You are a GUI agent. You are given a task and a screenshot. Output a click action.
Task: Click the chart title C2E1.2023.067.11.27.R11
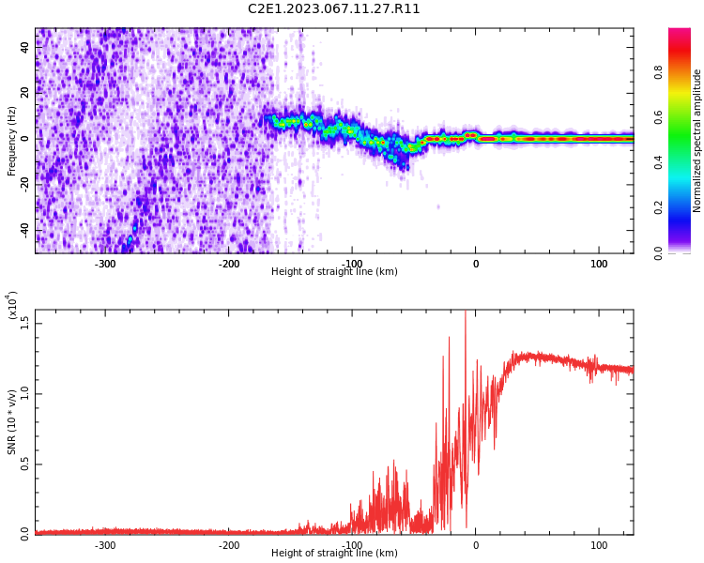pyautogui.click(x=334, y=9)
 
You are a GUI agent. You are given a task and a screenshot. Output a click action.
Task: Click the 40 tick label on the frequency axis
pyautogui.click(x=25, y=48)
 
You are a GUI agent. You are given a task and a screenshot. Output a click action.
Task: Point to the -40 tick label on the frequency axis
pyautogui.click(x=23, y=230)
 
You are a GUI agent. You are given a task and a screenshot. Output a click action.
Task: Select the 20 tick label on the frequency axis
pyautogui.click(x=25, y=93)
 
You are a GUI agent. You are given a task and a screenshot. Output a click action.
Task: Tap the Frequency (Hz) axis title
pyautogui.click(x=12, y=141)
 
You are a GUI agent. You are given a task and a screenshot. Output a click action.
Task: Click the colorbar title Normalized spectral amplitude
pyautogui.click(x=697, y=141)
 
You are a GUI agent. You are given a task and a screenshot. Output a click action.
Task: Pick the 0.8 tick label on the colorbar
pyautogui.click(x=684, y=72)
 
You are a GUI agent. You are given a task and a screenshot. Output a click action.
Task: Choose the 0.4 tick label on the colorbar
pyautogui.click(x=684, y=162)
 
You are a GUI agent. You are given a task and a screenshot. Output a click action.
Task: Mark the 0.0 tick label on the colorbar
pyautogui.click(x=684, y=252)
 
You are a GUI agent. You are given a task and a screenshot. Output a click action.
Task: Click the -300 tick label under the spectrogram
pyautogui.click(x=105, y=264)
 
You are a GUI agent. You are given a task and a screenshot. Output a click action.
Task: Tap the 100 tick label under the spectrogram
pyautogui.click(x=599, y=264)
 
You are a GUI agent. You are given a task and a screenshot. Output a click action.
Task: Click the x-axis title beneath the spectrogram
pyautogui.click(x=334, y=272)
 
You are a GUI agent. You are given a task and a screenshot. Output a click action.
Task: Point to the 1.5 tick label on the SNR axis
pyautogui.click(x=25, y=322)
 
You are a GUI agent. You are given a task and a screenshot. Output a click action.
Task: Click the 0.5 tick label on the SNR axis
pyautogui.click(x=25, y=464)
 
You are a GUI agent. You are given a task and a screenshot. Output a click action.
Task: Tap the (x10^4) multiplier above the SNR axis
pyautogui.click(x=12, y=305)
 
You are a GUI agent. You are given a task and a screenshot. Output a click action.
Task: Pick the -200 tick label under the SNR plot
pyautogui.click(x=228, y=545)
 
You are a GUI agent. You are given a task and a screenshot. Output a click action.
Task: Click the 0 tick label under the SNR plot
pyautogui.click(x=475, y=545)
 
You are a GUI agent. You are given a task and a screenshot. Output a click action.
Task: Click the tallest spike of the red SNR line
pyautogui.click(x=466, y=313)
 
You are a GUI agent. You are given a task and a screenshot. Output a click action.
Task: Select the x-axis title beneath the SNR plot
pyautogui.click(x=334, y=554)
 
